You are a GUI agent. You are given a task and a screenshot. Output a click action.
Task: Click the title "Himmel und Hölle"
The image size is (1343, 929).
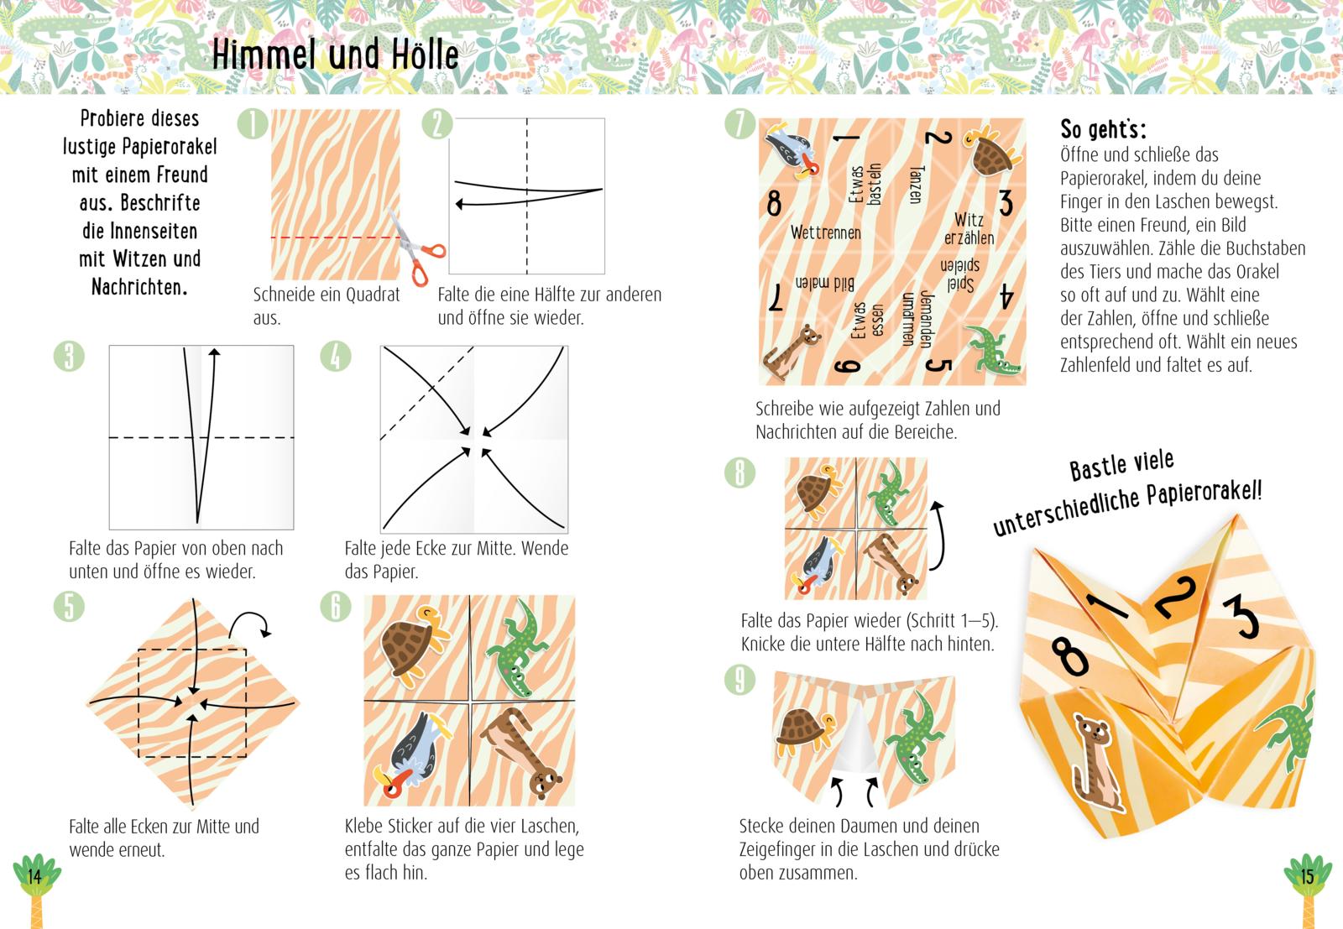click(335, 55)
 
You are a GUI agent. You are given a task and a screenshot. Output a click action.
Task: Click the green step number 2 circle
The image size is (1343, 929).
click(437, 124)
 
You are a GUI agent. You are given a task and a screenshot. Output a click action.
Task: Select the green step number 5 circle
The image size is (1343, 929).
click(69, 605)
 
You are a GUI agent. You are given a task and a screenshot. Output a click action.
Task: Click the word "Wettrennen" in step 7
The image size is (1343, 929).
click(825, 232)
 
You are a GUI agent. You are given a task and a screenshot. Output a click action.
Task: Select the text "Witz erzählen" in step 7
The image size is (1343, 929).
click(969, 229)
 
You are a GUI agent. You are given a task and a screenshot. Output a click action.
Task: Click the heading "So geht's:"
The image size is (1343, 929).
click(1103, 129)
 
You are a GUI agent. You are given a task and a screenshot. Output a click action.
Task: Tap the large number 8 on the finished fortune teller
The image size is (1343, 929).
click(1071, 655)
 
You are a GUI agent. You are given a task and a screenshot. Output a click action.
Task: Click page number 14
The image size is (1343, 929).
click(34, 877)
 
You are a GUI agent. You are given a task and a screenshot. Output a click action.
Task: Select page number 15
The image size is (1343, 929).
click(1306, 877)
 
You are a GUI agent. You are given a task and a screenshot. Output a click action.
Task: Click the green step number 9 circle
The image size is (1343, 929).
click(739, 680)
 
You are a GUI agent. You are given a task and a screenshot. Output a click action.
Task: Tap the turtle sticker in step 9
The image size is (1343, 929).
click(803, 728)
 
